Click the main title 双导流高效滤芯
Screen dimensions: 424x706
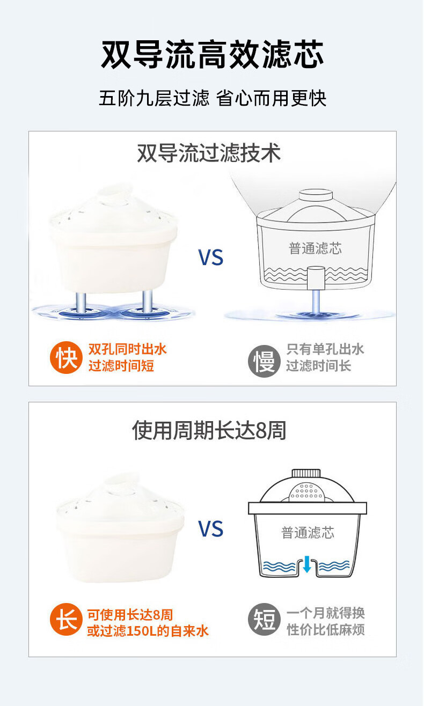(x=212, y=54)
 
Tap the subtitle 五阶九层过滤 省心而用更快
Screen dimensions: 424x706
(x=212, y=98)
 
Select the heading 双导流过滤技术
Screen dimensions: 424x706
(x=209, y=153)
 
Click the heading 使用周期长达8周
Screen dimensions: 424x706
(x=209, y=430)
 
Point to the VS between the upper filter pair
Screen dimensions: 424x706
(x=211, y=257)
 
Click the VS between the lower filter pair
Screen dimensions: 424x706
(x=211, y=528)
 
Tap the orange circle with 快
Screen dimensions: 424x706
(x=66, y=358)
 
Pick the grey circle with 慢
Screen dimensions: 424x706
(x=264, y=361)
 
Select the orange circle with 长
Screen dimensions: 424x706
(x=66, y=619)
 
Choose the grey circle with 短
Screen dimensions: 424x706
(x=264, y=619)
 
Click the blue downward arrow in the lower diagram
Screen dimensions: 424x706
(x=307, y=564)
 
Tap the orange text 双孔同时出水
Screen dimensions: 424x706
(x=127, y=349)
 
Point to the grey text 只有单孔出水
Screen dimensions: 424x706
(x=325, y=349)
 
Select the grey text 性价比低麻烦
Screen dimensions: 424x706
(x=325, y=630)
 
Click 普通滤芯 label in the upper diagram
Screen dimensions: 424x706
(x=315, y=248)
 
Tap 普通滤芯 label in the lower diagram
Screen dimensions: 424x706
(x=308, y=533)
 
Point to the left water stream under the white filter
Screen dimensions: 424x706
(x=81, y=303)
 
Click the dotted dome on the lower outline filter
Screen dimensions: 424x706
(x=307, y=491)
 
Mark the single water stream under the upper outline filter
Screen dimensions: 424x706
(x=316, y=301)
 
